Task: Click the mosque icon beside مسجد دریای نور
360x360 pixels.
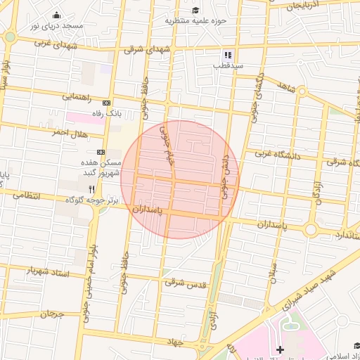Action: point(56,15)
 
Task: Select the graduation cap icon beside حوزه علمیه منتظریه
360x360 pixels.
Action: point(195,10)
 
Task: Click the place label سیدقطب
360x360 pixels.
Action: point(229,65)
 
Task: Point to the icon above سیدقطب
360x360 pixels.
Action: point(228,54)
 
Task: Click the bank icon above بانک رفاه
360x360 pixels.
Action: point(107,102)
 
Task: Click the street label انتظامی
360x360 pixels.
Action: point(27,194)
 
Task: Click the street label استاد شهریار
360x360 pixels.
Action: point(48,271)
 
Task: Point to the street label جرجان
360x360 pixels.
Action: point(51,314)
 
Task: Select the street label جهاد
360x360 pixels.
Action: point(174,342)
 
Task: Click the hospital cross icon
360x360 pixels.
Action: point(280,349)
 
